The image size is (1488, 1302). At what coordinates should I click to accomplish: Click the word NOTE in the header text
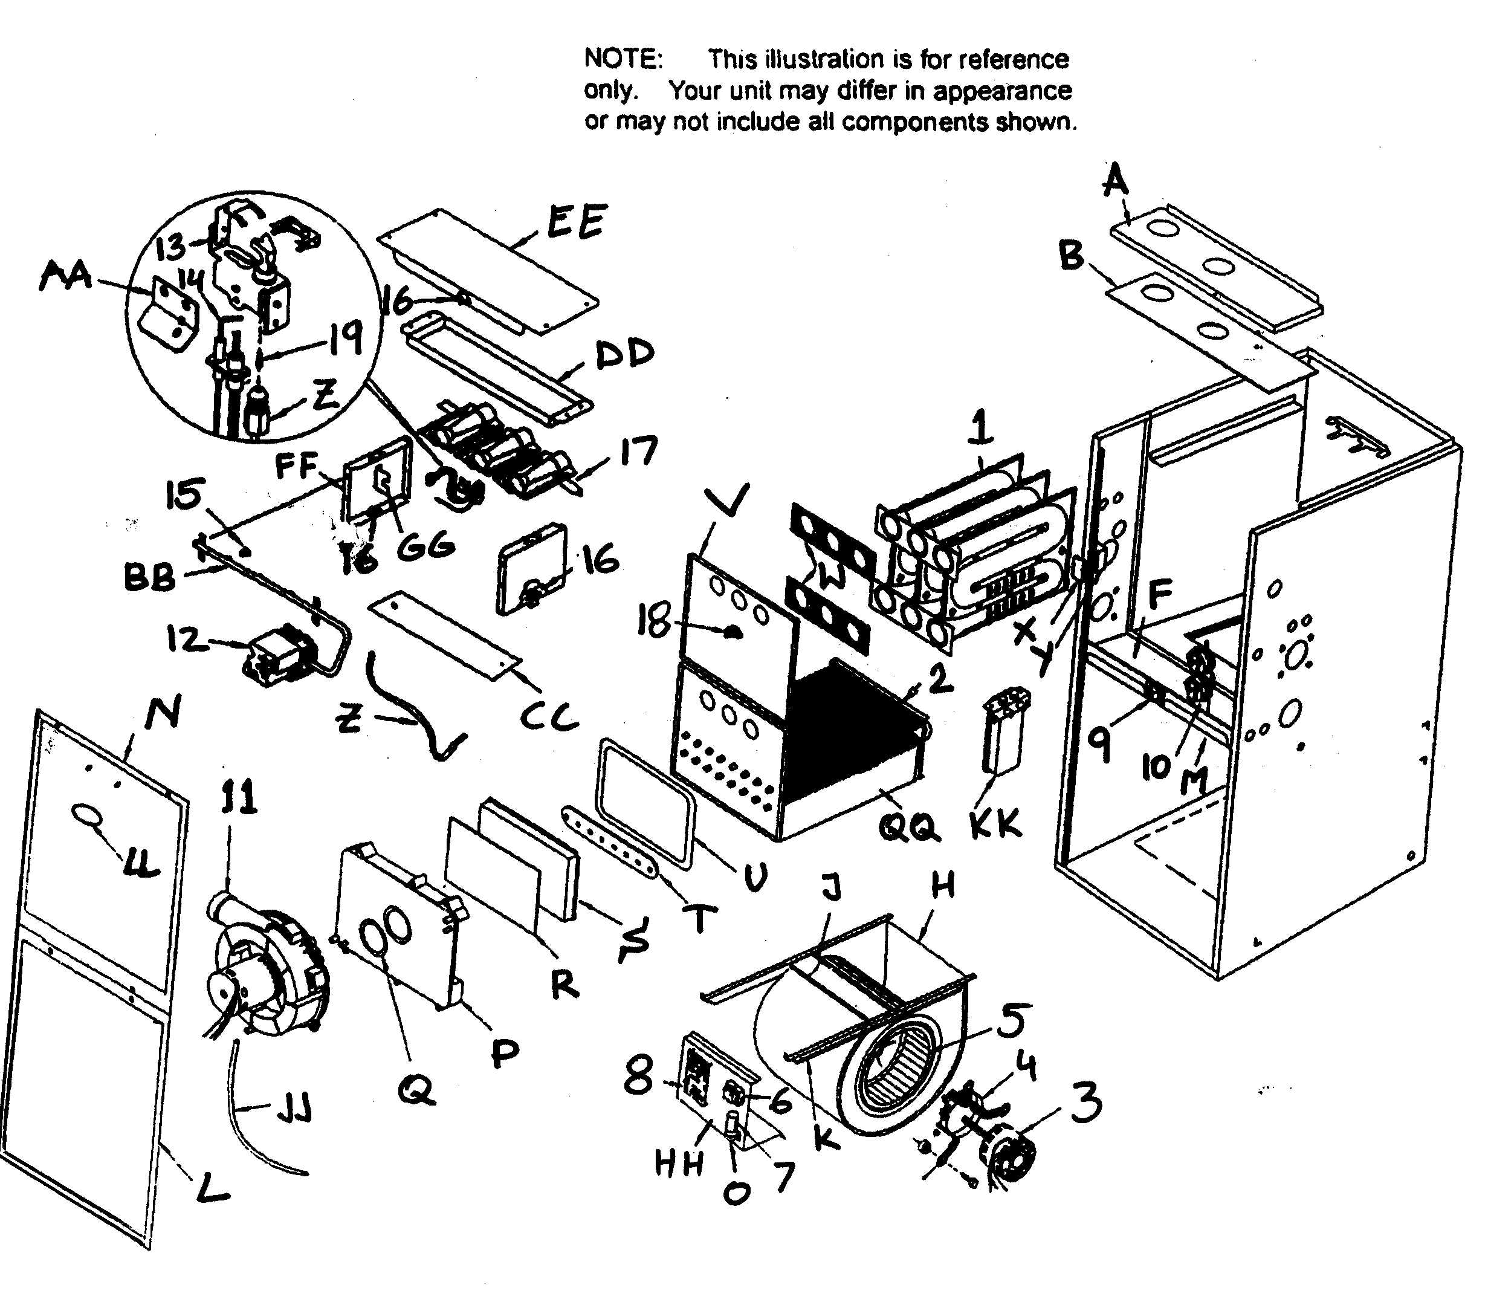click(x=623, y=59)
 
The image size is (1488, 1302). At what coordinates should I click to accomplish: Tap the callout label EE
click(x=575, y=222)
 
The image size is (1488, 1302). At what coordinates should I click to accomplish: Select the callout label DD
click(x=625, y=355)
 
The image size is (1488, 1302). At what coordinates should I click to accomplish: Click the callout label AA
click(x=65, y=276)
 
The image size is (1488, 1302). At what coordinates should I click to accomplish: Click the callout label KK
click(x=996, y=824)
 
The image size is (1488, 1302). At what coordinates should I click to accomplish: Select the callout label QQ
click(x=909, y=826)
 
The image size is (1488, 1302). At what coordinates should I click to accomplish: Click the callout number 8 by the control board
click(x=639, y=1076)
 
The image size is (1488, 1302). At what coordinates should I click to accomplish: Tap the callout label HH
click(x=679, y=1164)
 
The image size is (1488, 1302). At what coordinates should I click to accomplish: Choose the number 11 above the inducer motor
click(x=239, y=799)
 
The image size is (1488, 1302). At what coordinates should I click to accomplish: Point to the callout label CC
click(x=549, y=716)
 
